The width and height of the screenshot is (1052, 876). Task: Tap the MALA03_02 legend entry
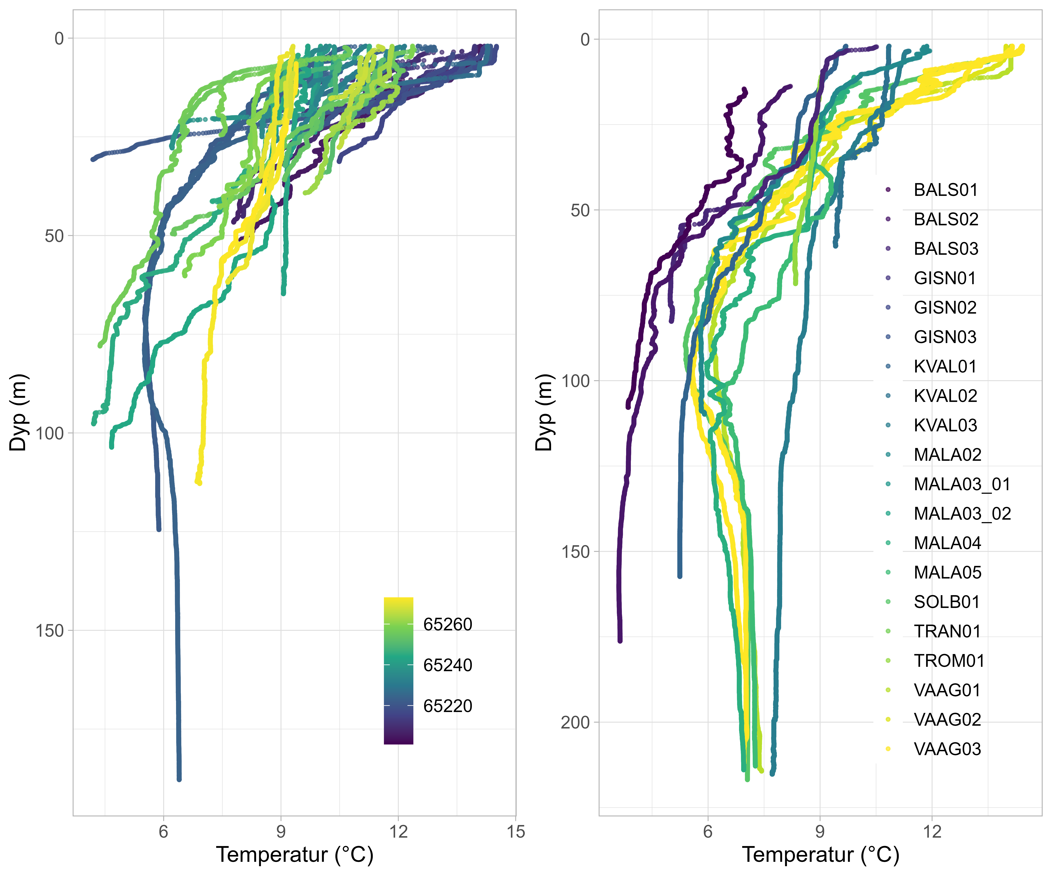point(962,514)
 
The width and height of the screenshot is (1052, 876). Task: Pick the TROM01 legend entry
point(949,661)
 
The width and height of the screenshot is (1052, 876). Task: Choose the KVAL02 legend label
point(945,396)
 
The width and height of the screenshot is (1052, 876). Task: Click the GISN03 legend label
point(945,337)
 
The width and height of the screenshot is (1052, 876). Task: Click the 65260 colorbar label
point(447,624)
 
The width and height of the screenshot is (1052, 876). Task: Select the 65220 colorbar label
point(447,706)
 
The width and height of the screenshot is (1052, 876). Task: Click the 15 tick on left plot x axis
point(515,832)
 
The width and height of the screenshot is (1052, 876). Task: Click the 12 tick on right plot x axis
point(932,832)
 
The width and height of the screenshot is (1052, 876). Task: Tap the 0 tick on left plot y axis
point(59,39)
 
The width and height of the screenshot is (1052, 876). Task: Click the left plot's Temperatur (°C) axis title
point(295,854)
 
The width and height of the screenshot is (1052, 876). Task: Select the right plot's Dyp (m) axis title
point(544,412)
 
